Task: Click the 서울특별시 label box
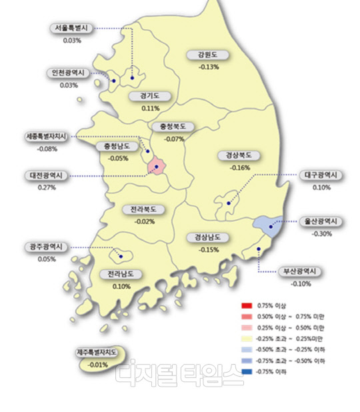coord(73,29)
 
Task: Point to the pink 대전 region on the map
coord(157,165)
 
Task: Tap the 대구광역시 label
coord(321,176)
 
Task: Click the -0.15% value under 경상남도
coord(209,249)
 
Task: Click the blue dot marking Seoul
coord(132,79)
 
